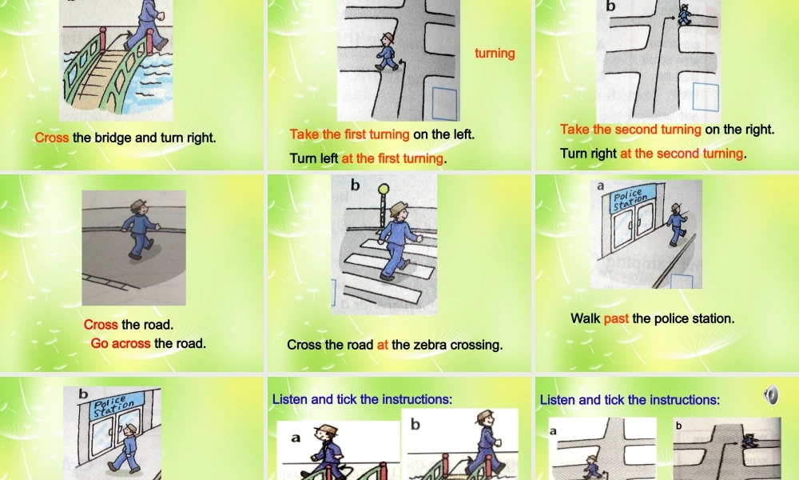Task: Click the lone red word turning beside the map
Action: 495,54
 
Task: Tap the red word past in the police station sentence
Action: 616,318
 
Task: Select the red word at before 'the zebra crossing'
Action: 382,346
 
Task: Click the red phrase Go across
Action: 121,343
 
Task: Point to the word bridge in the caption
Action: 113,138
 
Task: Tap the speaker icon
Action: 770,394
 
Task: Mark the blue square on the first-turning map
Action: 445,104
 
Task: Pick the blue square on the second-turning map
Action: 706,96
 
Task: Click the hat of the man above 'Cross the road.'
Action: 139,204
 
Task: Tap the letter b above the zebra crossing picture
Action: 356,186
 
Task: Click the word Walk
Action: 585,318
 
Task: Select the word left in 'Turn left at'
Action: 329,158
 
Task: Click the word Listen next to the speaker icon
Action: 559,399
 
